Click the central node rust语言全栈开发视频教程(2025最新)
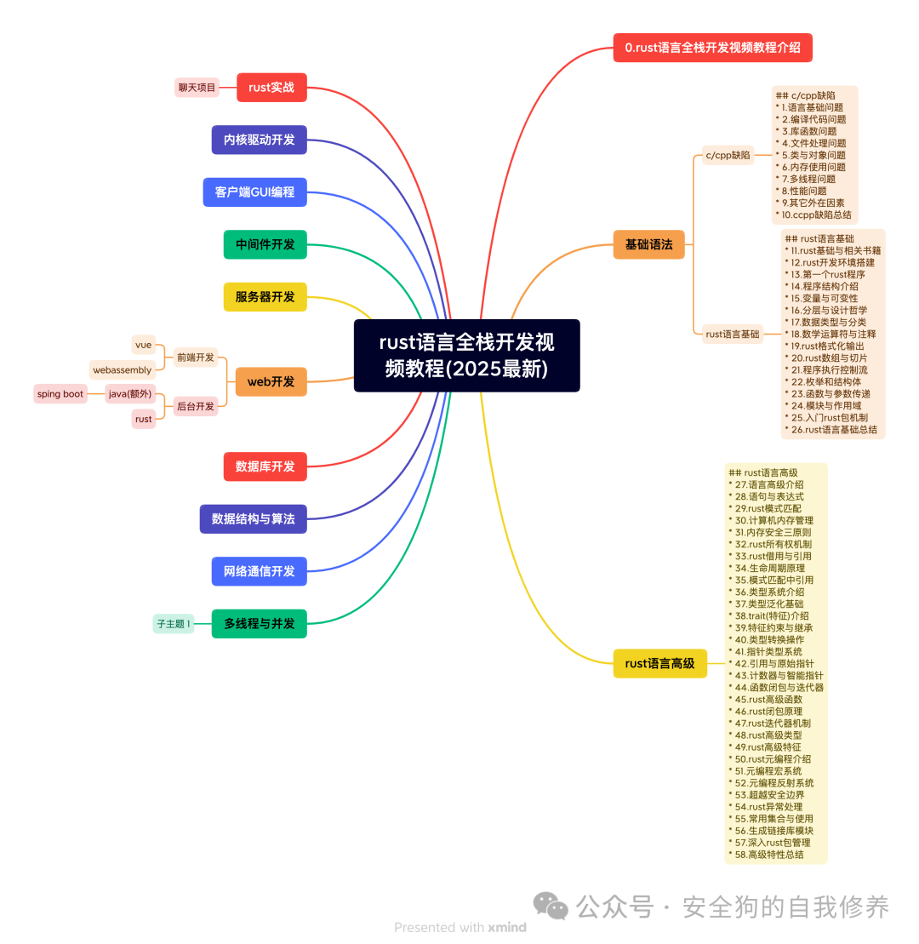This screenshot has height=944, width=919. [466, 355]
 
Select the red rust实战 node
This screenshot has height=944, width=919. [271, 88]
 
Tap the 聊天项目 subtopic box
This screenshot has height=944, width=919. [197, 88]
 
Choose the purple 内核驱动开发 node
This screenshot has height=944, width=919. [259, 140]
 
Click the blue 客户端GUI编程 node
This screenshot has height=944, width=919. [254, 192]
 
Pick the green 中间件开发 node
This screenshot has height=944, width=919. [265, 244]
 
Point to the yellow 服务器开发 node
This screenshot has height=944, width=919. [265, 296]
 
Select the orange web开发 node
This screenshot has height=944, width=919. [271, 381]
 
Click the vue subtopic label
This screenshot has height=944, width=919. [143, 345]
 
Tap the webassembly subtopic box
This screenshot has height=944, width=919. [123, 370]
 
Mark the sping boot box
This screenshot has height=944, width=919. [60, 394]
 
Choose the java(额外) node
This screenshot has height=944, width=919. [130, 394]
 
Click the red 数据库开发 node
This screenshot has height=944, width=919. [265, 466]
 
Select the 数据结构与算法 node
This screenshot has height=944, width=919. [253, 518]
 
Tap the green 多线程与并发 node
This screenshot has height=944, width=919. [259, 623]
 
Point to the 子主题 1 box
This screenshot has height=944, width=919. [174, 624]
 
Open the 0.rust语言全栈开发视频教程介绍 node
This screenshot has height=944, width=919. [712, 48]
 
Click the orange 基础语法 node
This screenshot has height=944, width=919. [648, 244]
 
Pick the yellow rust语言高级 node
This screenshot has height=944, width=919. [659, 663]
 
